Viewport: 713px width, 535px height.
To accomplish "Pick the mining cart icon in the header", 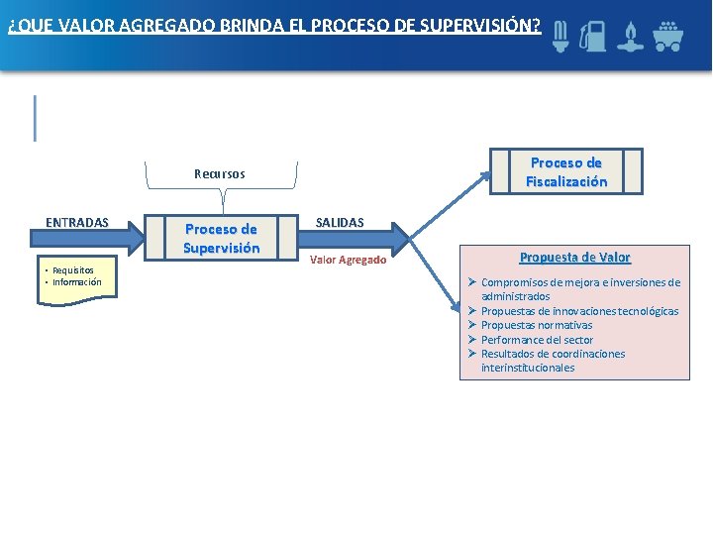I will [x=669, y=35].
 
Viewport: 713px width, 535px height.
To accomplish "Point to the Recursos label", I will [x=219, y=174].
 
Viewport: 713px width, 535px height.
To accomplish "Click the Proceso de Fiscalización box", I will [x=565, y=171].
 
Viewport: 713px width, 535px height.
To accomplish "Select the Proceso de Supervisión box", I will [x=221, y=239].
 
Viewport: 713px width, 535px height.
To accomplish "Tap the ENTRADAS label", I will [x=77, y=222].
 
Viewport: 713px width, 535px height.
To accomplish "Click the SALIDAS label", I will [x=340, y=223].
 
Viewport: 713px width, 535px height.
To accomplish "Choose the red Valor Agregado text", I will [x=348, y=260].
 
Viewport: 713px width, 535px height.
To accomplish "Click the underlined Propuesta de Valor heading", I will [x=574, y=258].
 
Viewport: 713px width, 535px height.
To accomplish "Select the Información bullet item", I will [x=76, y=282].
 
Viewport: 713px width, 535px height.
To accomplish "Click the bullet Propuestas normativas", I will [x=537, y=325].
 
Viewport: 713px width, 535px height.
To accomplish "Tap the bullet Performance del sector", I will [x=537, y=340].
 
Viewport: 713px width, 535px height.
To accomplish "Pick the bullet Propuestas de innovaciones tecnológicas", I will [x=579, y=311].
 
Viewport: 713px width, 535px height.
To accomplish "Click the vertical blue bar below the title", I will [x=36, y=118].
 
